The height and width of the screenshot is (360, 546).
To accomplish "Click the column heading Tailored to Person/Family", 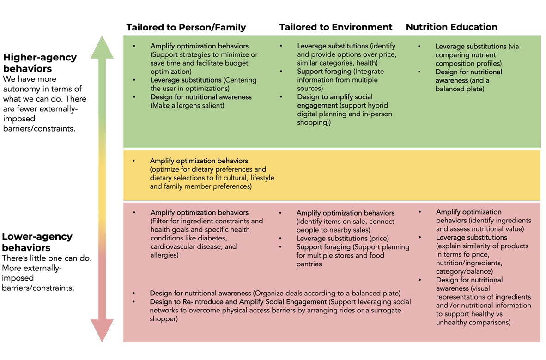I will (186, 27).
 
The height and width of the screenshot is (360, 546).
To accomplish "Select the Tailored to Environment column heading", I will (336, 27).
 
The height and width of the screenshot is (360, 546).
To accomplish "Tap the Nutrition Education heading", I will (451, 27).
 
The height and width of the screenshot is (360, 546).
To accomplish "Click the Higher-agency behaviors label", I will (40, 63).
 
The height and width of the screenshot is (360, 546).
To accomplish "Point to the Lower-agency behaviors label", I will (37, 242).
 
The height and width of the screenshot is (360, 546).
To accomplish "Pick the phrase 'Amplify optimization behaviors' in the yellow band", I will (199, 161).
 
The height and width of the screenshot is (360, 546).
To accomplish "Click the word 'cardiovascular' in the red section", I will (173, 246).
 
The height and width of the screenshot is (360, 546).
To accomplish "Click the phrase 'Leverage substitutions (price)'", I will (342, 239).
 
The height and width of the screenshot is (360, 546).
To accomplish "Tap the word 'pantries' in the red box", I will (309, 264).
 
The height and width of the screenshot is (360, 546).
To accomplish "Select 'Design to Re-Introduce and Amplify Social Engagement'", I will (238, 302).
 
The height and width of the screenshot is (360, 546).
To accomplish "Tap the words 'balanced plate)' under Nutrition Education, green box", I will (460, 89).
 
